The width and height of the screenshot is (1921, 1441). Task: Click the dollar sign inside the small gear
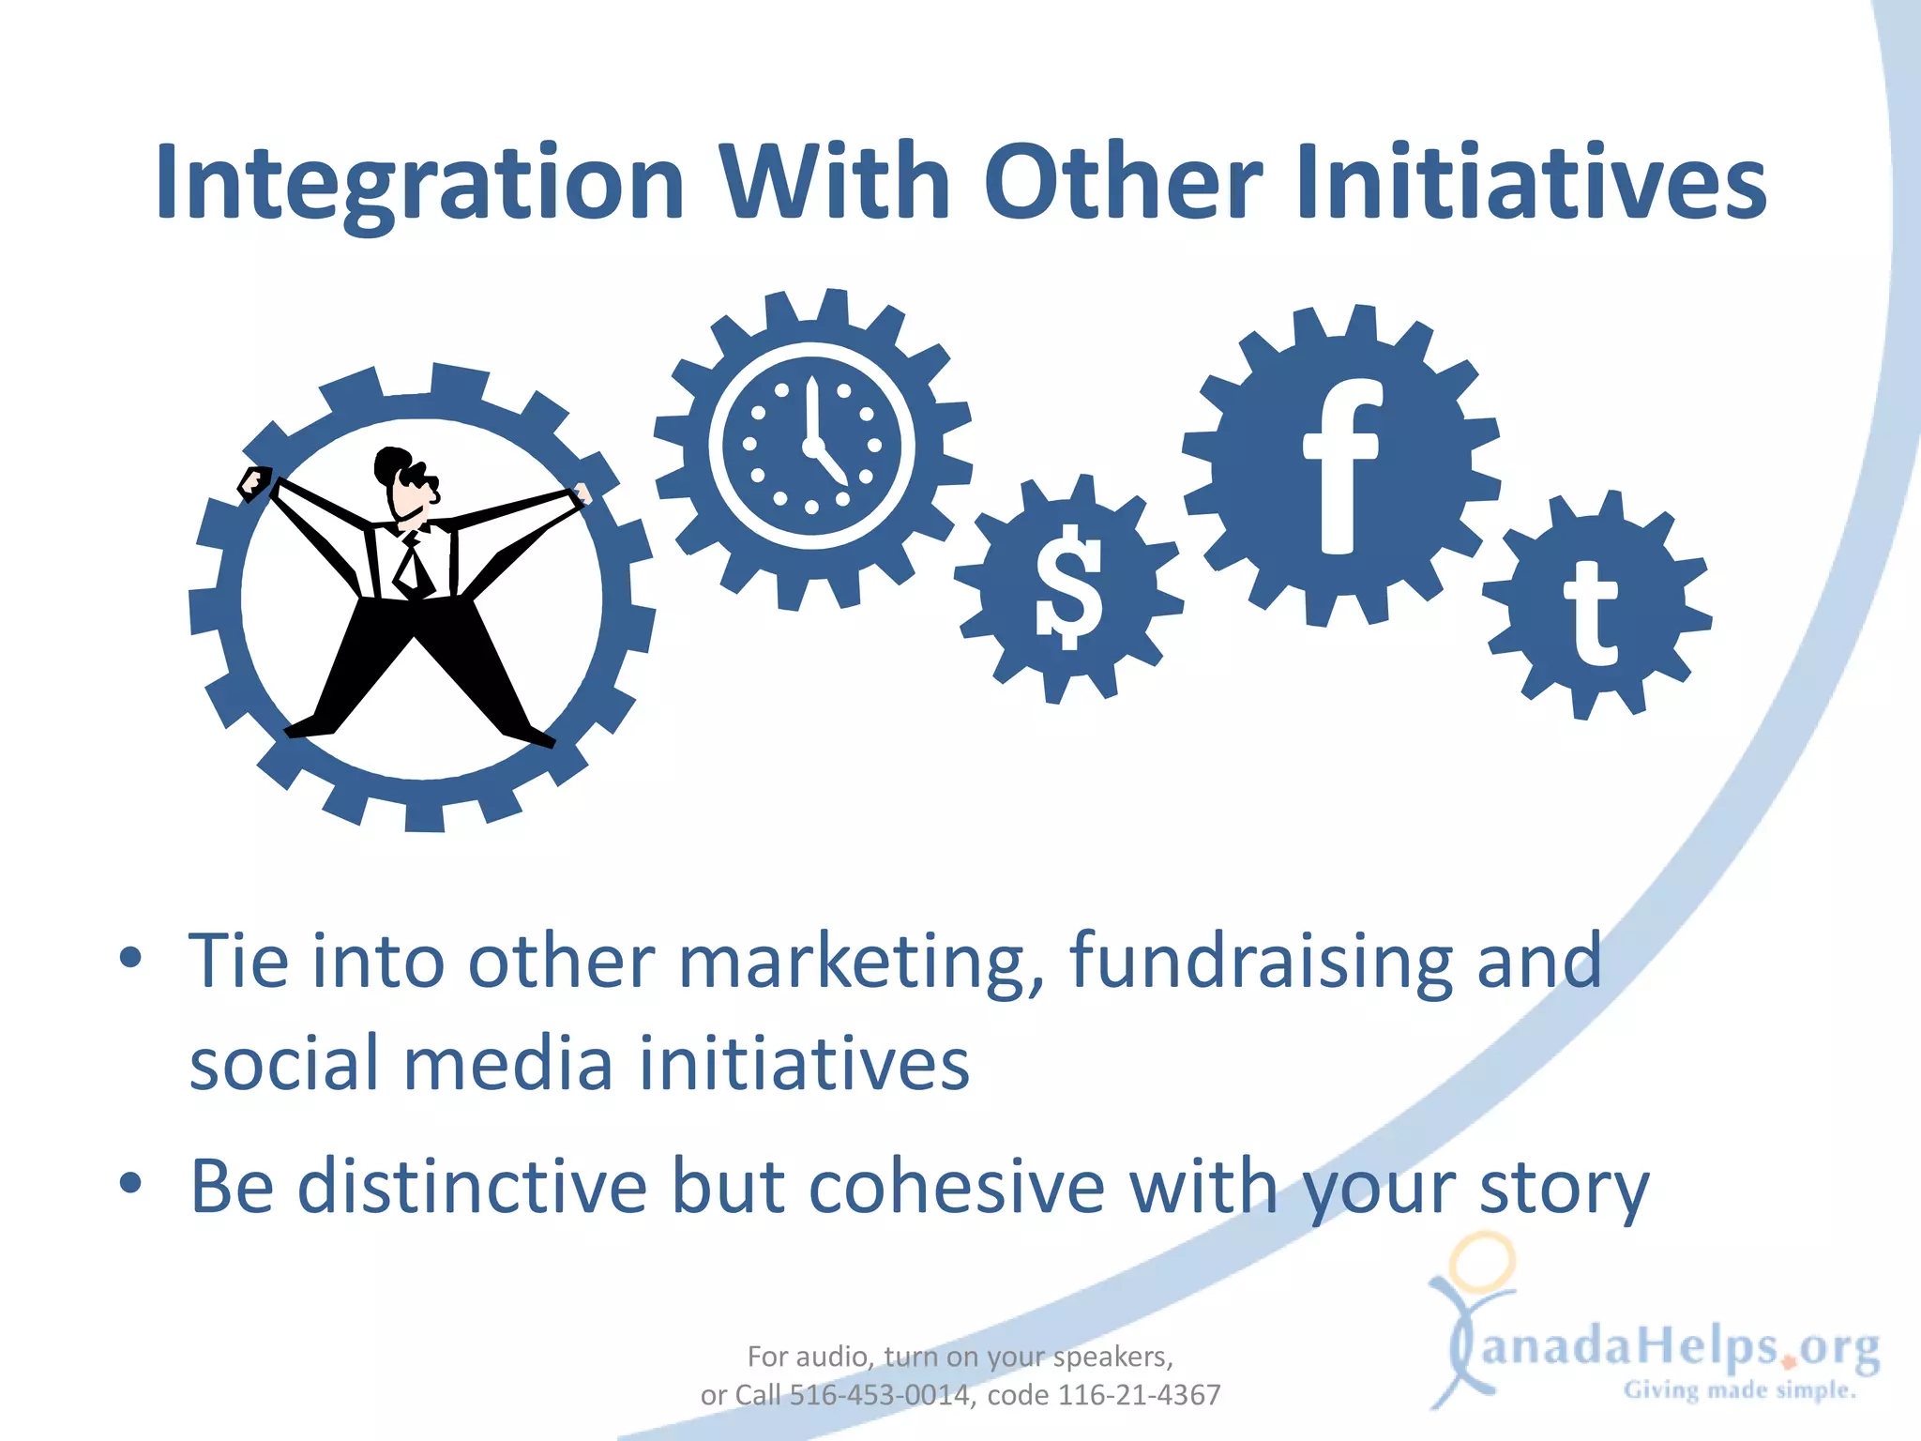tap(1068, 587)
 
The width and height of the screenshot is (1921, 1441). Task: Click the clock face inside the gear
tap(811, 445)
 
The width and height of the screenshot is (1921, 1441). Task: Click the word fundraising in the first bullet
tap(1260, 962)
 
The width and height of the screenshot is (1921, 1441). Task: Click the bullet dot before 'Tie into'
tap(130, 958)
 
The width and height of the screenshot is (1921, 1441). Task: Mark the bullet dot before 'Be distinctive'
tap(130, 1183)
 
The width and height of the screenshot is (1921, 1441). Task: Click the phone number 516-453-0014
tap(879, 1396)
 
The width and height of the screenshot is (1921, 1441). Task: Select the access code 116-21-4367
tap(1139, 1396)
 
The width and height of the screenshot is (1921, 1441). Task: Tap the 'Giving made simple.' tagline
tap(1740, 1390)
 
